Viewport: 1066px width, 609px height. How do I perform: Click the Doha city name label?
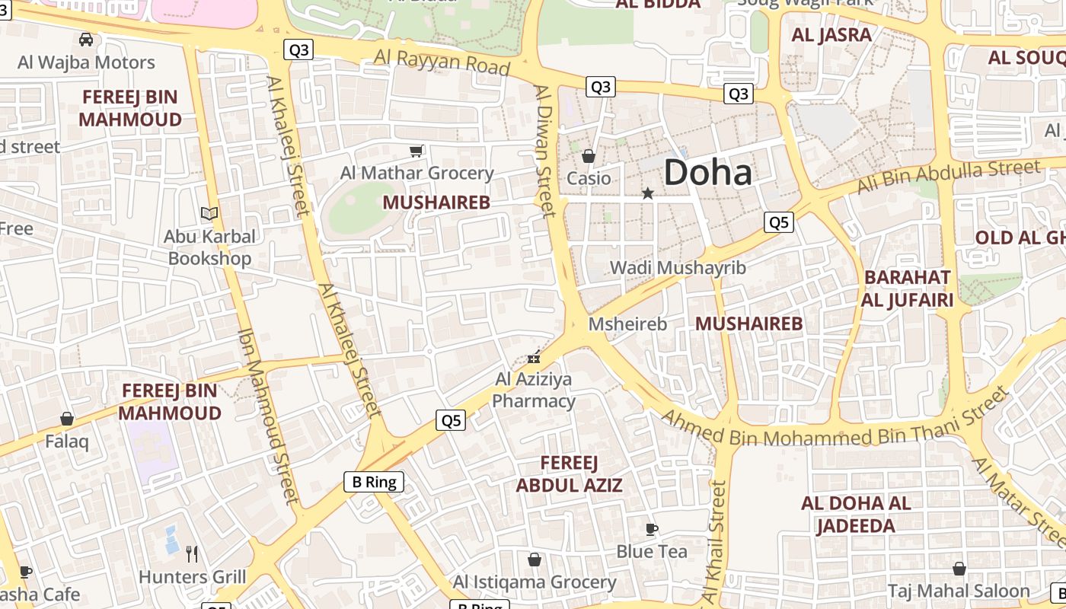707,172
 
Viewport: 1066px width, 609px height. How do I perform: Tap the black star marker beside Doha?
648,193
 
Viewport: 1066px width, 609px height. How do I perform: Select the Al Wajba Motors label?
86,62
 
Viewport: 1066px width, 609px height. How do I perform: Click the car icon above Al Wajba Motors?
86,39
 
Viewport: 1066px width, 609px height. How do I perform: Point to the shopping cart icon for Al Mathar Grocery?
416,151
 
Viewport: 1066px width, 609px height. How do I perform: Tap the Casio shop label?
589,178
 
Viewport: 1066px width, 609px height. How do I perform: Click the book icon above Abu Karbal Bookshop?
209,214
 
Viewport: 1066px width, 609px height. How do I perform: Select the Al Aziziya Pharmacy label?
534,390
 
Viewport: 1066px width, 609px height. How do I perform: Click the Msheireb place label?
627,324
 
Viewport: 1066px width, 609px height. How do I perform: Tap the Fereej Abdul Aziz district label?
569,473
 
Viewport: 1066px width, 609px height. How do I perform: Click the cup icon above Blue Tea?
651,529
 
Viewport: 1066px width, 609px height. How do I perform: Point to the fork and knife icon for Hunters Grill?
192,553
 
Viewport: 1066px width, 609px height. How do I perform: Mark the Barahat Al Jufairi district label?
907,289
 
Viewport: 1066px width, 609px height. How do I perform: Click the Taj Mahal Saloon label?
959,591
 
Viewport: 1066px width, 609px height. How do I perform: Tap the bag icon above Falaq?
67,419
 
